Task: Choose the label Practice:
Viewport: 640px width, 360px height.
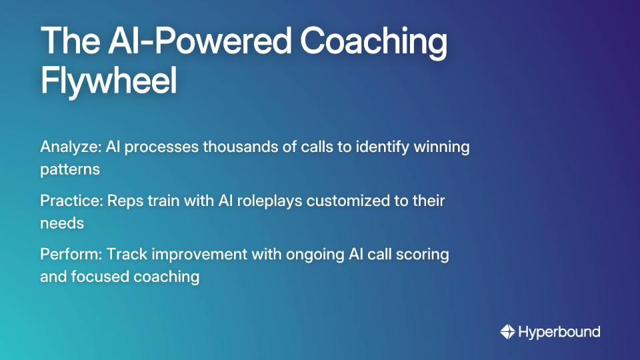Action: [71, 201]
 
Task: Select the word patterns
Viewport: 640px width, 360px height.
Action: [70, 169]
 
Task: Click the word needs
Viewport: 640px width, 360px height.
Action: [62, 223]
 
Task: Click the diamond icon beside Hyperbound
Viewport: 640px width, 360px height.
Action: [507, 331]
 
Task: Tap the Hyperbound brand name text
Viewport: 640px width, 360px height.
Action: [559, 331]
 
